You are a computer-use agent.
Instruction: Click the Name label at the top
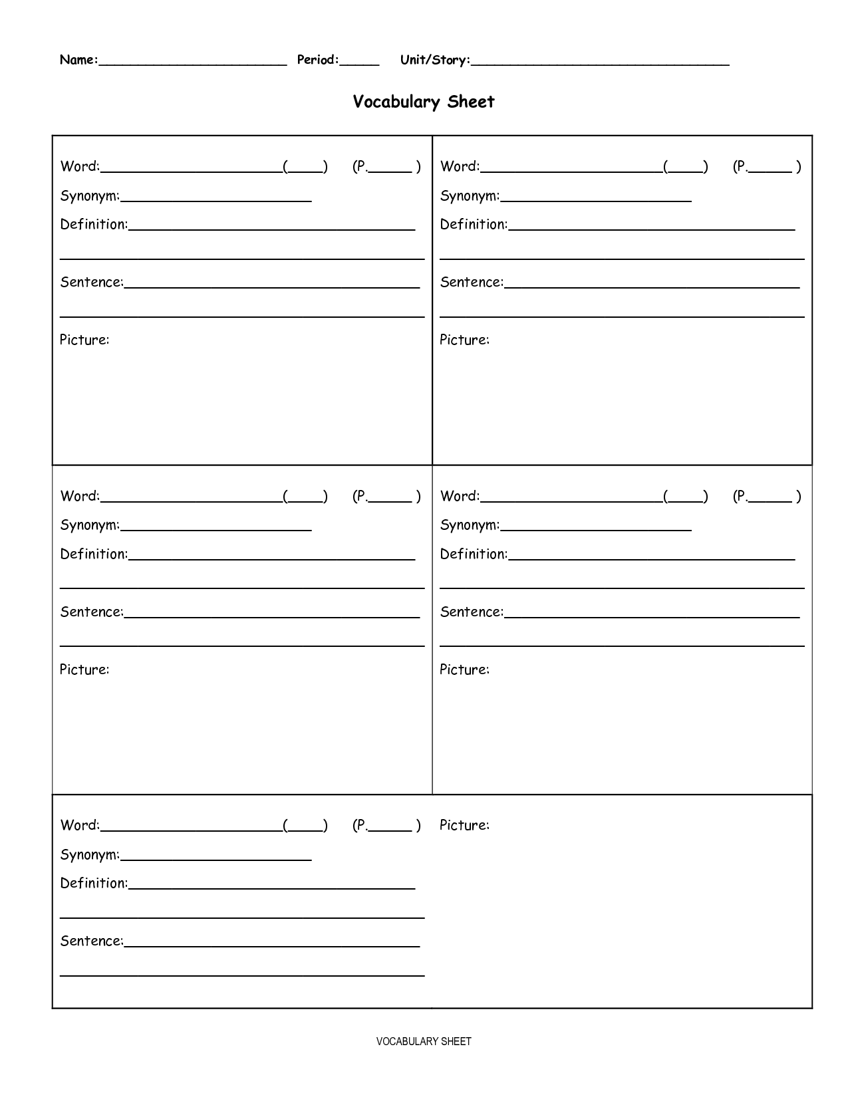pos(78,60)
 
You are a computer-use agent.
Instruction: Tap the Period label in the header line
pos(318,60)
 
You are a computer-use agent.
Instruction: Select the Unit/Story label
pos(435,60)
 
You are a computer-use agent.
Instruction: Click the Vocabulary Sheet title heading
pos(424,102)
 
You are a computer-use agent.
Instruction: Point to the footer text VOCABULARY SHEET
pos(424,1041)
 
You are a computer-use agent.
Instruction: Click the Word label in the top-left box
pos(80,166)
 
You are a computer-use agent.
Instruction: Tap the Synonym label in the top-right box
pos(470,195)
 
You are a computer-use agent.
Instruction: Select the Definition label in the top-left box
pos(94,224)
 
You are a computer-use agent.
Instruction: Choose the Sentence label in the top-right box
pos(472,282)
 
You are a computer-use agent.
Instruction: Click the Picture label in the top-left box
pos(84,340)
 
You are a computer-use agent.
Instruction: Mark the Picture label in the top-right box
pos(464,340)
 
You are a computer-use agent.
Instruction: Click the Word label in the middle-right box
pos(460,496)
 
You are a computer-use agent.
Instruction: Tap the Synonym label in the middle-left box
pos(90,525)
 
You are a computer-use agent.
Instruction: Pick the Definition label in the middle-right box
pos(474,554)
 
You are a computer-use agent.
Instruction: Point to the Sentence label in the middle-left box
pos(92,612)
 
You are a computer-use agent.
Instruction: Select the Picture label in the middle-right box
pos(464,670)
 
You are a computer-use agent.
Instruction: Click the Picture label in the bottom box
pos(464,825)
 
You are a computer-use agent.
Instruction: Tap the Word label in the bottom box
pos(80,825)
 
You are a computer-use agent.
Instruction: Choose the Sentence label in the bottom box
pos(92,941)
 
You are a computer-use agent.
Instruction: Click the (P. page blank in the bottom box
pos(386,826)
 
